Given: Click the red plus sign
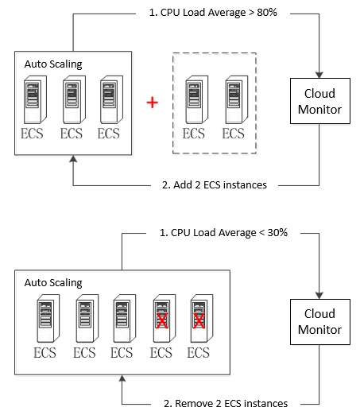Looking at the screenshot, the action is [153, 103].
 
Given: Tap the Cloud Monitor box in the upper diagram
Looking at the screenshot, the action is [320, 101].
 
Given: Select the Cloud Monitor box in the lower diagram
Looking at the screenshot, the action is [320, 322].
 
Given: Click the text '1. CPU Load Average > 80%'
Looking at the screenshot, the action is [213, 13].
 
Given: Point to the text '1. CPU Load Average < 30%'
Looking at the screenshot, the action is [223, 233].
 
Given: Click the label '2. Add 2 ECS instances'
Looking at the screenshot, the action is [215, 185].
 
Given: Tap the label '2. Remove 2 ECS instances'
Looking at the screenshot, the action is [226, 404].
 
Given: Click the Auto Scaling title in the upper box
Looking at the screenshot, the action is [53, 64].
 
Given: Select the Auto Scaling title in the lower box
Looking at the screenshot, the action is [53, 283].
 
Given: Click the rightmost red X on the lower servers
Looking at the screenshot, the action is [199, 321].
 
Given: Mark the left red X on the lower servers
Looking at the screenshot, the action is [162, 321].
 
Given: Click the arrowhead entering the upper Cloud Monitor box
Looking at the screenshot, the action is [319, 75].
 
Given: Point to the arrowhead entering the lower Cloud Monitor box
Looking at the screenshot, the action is [319, 296].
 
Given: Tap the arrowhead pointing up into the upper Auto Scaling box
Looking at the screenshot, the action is [73, 159].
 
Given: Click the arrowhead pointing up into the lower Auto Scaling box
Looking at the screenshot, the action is [122, 378].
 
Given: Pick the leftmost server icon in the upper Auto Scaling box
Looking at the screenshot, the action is [35, 99].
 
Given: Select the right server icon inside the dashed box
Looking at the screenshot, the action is [237, 99].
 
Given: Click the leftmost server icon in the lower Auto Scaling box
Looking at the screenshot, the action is [48, 318].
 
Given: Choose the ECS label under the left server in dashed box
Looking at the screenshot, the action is [194, 134].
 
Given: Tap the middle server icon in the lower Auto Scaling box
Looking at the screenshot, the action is [125, 318].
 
